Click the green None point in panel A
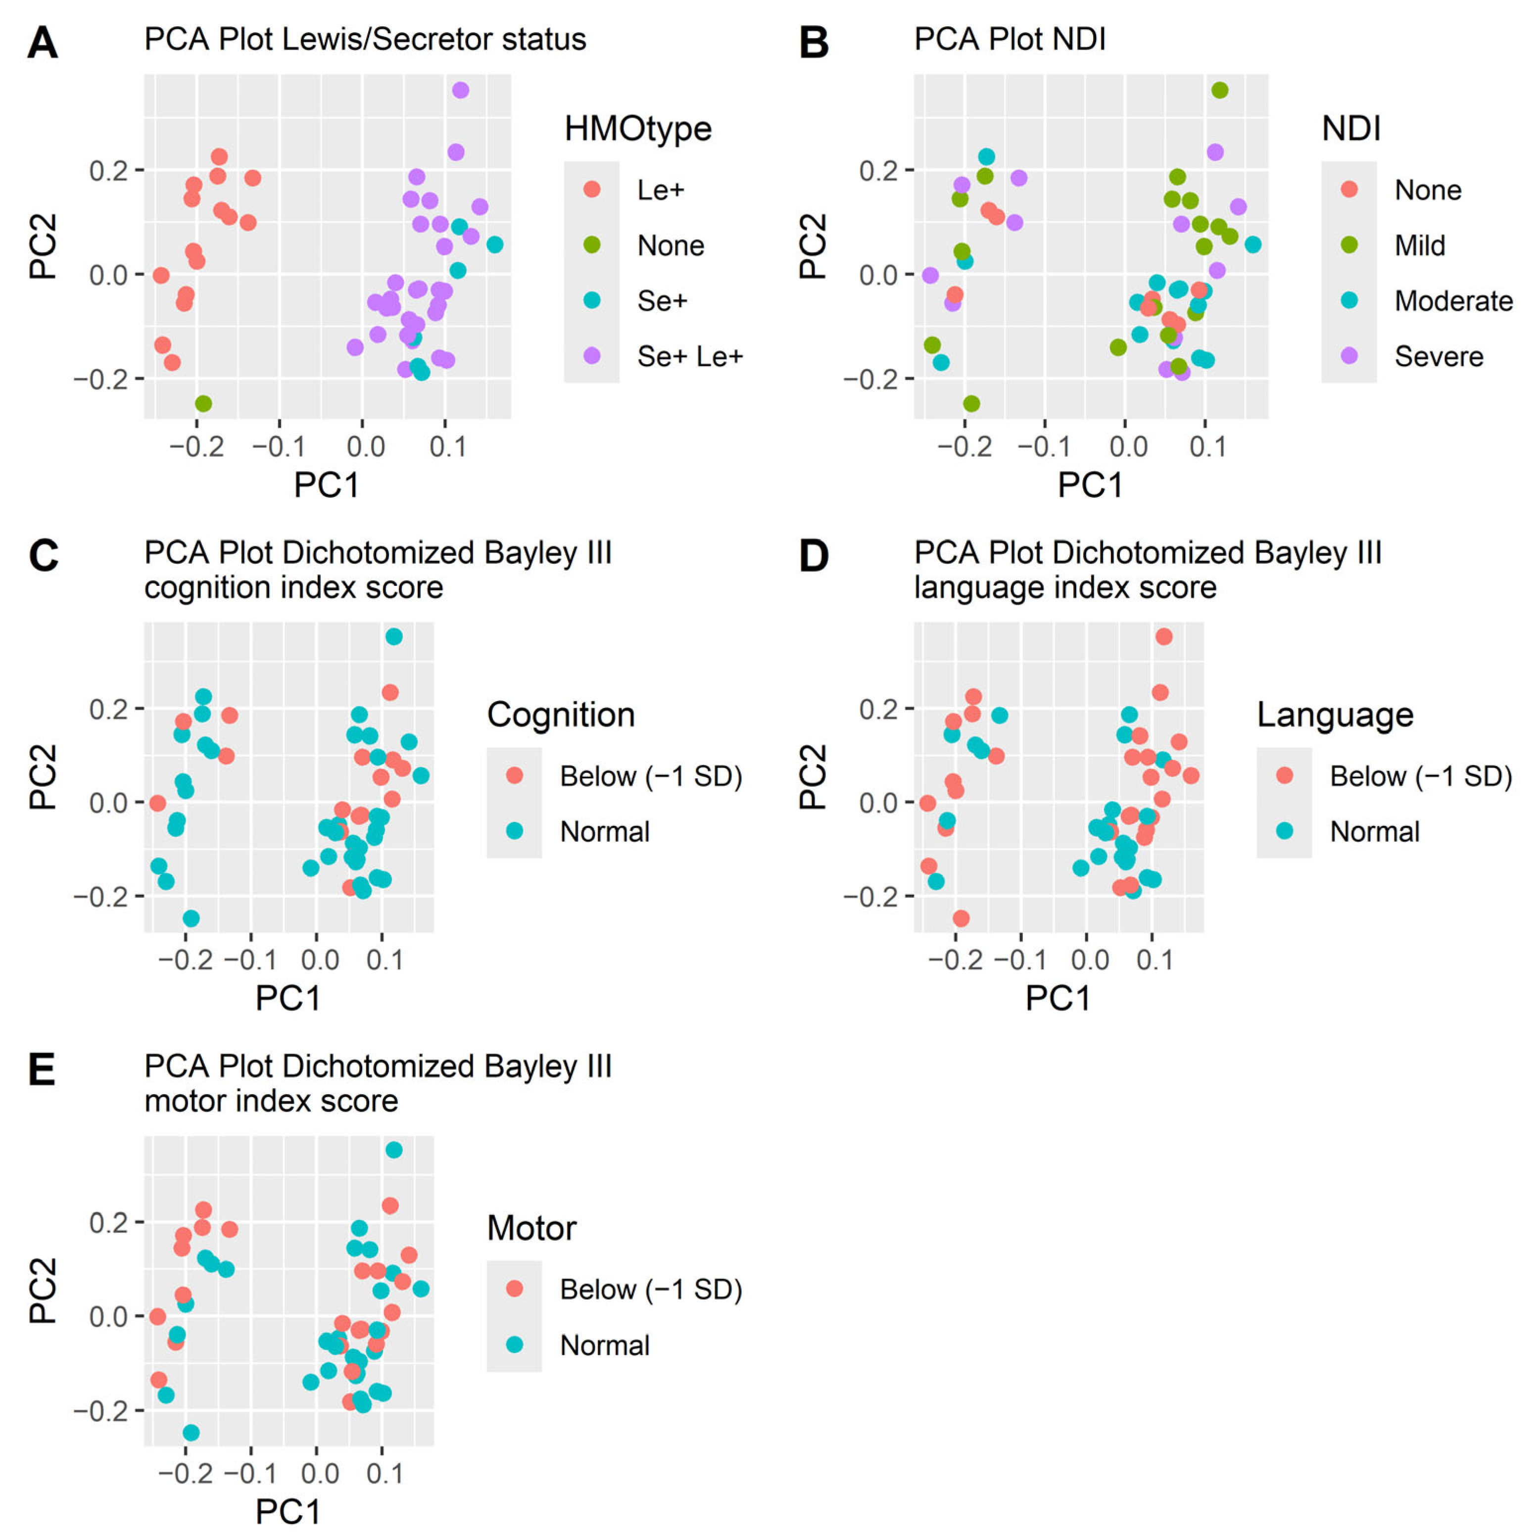(203, 403)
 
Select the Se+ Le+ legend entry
(689, 356)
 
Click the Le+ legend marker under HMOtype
(591, 189)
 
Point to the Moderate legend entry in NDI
(1453, 300)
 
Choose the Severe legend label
(1439, 356)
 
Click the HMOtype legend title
(638, 128)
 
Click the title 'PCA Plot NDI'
(1009, 39)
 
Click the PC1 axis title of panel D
(1058, 998)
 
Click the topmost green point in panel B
(1219, 90)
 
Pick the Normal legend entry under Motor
(604, 1346)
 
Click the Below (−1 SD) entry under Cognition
(650, 775)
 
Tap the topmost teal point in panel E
(394, 1150)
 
